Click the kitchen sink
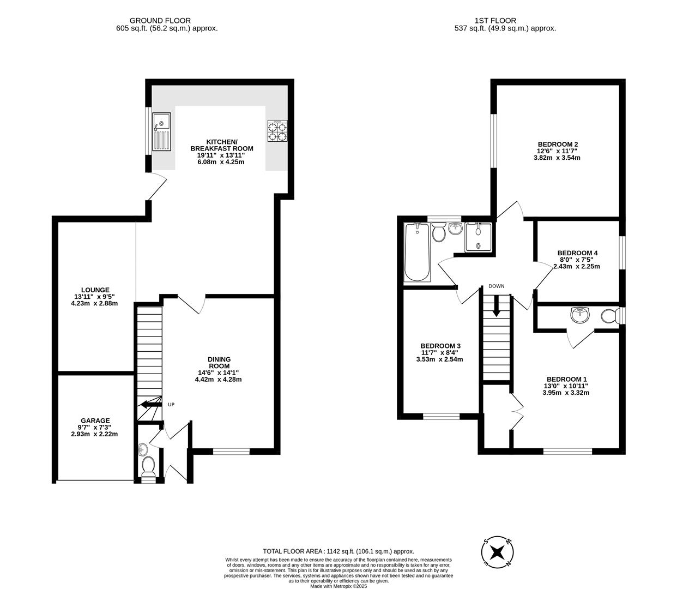tap(162, 131)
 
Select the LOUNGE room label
tap(95, 290)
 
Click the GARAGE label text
tap(95, 420)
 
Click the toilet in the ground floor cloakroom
tap(148, 467)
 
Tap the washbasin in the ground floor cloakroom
tap(143, 449)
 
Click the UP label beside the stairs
tap(171, 405)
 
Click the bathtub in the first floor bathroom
tap(417, 253)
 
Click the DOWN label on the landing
tap(496, 286)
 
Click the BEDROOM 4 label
tap(577, 253)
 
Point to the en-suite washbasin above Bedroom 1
tap(579, 315)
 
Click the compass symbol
tap(497, 552)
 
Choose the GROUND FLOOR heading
tap(167, 21)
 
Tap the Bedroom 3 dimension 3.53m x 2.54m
tap(439, 359)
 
